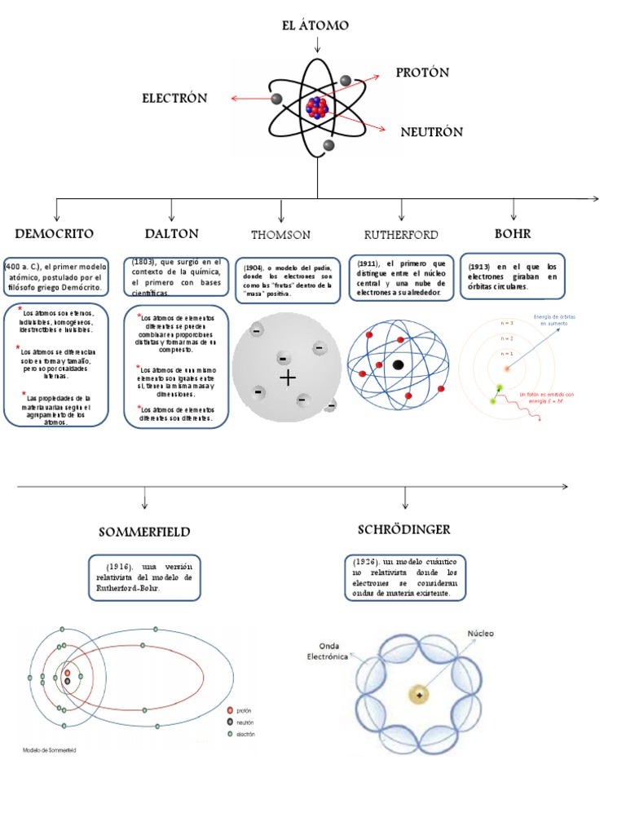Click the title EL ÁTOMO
click(315, 26)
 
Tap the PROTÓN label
click(422, 73)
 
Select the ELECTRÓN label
click(174, 99)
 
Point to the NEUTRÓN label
click(431, 132)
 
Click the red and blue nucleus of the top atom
click(316, 107)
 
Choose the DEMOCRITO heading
click(54, 234)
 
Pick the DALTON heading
click(171, 234)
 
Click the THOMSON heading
click(280, 235)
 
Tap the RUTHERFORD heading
click(400, 235)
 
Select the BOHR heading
click(513, 234)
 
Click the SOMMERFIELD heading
click(144, 532)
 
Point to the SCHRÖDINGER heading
click(403, 530)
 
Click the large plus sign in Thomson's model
click(287, 378)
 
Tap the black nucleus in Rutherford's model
click(399, 364)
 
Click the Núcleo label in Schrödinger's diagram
click(480, 633)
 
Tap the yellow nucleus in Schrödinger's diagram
click(419, 694)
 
